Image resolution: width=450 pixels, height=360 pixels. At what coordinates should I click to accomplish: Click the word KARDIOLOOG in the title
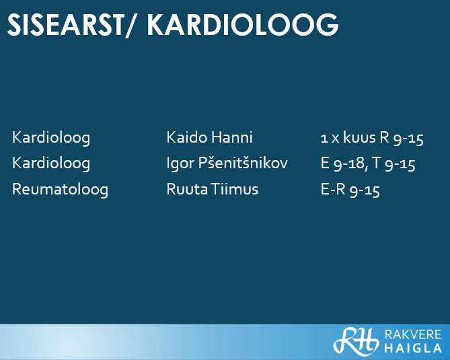click(243, 25)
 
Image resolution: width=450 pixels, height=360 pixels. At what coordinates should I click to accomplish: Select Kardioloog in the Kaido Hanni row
click(51, 137)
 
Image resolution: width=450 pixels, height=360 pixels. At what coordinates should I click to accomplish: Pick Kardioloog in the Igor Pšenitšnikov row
click(51, 164)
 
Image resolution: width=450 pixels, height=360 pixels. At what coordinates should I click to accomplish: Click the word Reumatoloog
click(61, 190)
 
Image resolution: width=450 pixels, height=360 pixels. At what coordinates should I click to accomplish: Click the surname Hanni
click(232, 137)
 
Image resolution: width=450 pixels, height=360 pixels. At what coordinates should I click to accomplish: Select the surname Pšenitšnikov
click(243, 163)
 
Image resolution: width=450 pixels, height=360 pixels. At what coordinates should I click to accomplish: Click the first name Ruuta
click(187, 190)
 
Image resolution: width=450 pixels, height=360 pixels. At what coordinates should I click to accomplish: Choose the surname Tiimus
click(235, 190)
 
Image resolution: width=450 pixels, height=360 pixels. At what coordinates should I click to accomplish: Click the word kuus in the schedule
click(359, 137)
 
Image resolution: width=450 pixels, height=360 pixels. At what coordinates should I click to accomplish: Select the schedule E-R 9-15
click(350, 190)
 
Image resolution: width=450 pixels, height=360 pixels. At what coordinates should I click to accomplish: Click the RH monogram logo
click(356, 340)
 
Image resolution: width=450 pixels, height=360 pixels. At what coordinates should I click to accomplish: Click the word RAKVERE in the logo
click(413, 334)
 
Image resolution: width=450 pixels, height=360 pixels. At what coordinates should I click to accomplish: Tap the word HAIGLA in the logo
click(413, 348)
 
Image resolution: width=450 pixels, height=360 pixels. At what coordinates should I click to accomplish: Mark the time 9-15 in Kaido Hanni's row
click(408, 139)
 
